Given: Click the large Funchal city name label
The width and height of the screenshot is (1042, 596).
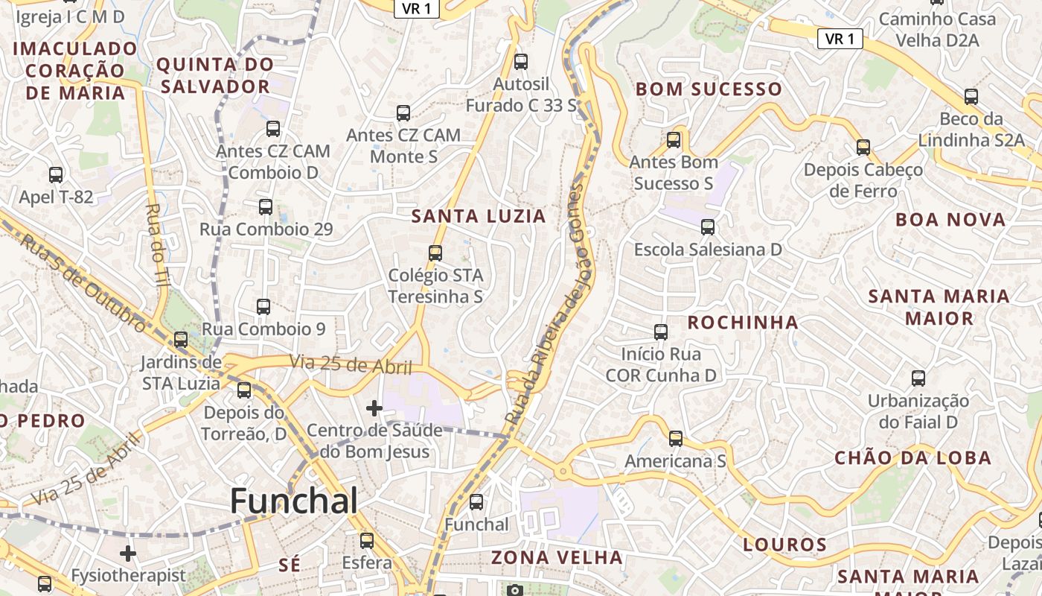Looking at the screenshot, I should (x=293, y=501).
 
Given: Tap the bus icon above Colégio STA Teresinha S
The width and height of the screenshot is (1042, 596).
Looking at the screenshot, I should (x=435, y=253).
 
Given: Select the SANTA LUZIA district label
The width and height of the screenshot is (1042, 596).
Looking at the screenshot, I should (x=479, y=217).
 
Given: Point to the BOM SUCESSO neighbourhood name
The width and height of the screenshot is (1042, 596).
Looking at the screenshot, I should (x=708, y=89).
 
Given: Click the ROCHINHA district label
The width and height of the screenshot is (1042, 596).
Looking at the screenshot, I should (x=742, y=323).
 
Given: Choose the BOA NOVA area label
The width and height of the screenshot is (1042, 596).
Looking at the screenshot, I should (x=950, y=220).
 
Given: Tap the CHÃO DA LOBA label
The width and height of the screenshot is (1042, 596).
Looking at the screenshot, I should (x=912, y=457).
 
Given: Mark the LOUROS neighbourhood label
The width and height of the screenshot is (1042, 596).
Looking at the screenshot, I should (x=784, y=545).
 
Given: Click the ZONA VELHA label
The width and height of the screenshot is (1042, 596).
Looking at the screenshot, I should (x=557, y=557).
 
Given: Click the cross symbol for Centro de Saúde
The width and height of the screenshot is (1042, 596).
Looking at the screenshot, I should (x=374, y=408).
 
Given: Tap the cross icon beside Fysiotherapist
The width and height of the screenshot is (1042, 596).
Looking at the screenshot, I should (x=128, y=554).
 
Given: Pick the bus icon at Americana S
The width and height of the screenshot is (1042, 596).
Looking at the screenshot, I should (x=675, y=439).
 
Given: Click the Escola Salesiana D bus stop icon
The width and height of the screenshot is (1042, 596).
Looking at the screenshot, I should (x=707, y=226).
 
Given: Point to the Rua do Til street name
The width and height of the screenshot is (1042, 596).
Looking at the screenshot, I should (x=158, y=245).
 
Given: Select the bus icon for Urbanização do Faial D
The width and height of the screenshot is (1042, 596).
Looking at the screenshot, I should (x=918, y=378).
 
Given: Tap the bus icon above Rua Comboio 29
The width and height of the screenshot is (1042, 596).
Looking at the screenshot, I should (x=265, y=207).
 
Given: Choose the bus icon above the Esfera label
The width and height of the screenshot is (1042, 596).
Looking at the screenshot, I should (x=366, y=540).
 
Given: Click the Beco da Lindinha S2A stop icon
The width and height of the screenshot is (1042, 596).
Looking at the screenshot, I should (x=971, y=96).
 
